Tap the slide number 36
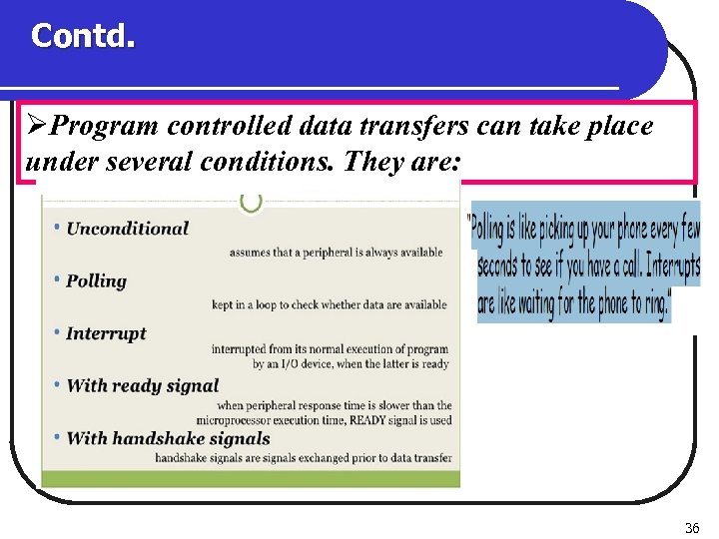(692, 527)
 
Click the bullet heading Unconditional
(127, 229)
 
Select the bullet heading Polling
(96, 281)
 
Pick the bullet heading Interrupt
(106, 334)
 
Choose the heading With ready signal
(142, 386)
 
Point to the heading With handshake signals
(168, 439)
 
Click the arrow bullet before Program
(36, 127)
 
